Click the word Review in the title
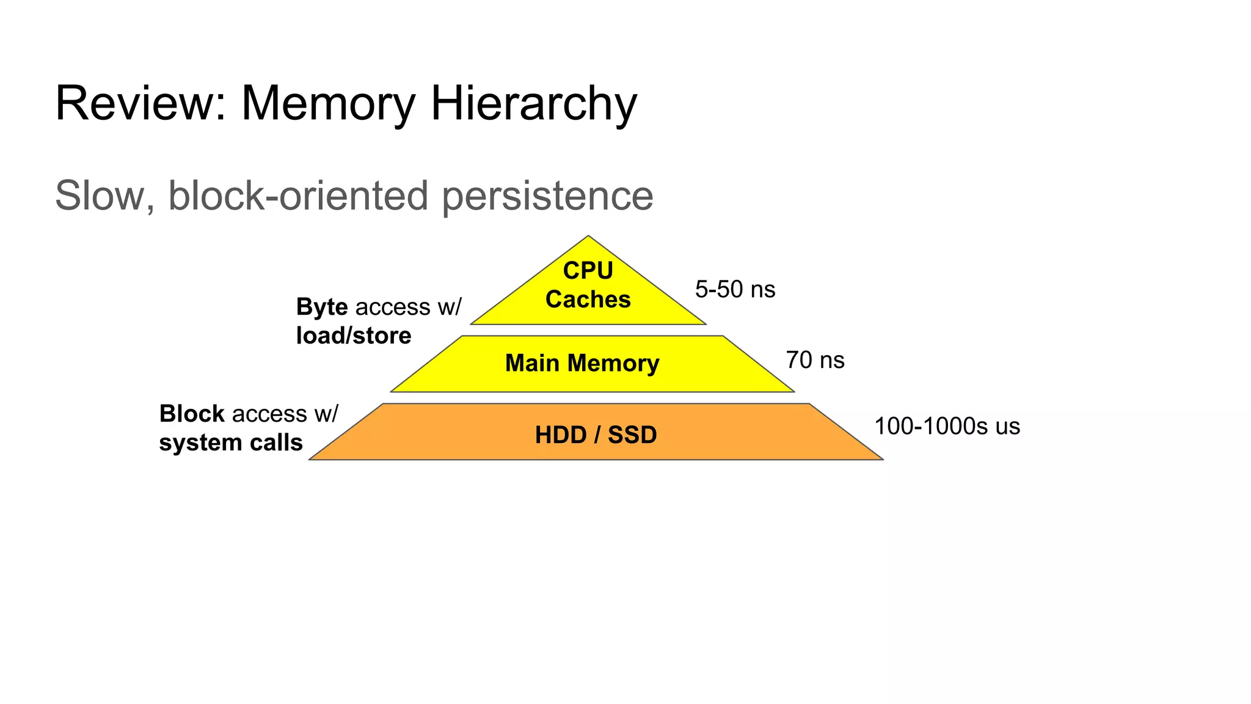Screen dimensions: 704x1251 point(140,103)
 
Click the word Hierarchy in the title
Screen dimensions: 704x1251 point(534,103)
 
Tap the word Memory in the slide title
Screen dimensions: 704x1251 point(329,103)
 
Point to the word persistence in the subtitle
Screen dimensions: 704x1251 point(547,196)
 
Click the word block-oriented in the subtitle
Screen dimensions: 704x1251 point(298,196)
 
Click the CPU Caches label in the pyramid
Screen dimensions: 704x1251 point(588,285)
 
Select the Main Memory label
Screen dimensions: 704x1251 point(582,363)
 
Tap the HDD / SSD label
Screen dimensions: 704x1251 point(596,435)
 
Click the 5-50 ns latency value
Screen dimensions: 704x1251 point(735,290)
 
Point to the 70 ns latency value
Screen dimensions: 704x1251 point(815,361)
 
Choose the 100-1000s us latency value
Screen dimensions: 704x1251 point(947,427)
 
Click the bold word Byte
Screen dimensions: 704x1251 point(322,307)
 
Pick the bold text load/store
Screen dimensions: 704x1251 point(354,335)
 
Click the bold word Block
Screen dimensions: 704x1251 point(192,414)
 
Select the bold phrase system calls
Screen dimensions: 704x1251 point(231,442)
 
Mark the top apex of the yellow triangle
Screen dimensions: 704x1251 point(588,237)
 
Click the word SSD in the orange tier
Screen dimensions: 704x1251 point(632,435)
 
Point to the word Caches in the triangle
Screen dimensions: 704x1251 point(588,299)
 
